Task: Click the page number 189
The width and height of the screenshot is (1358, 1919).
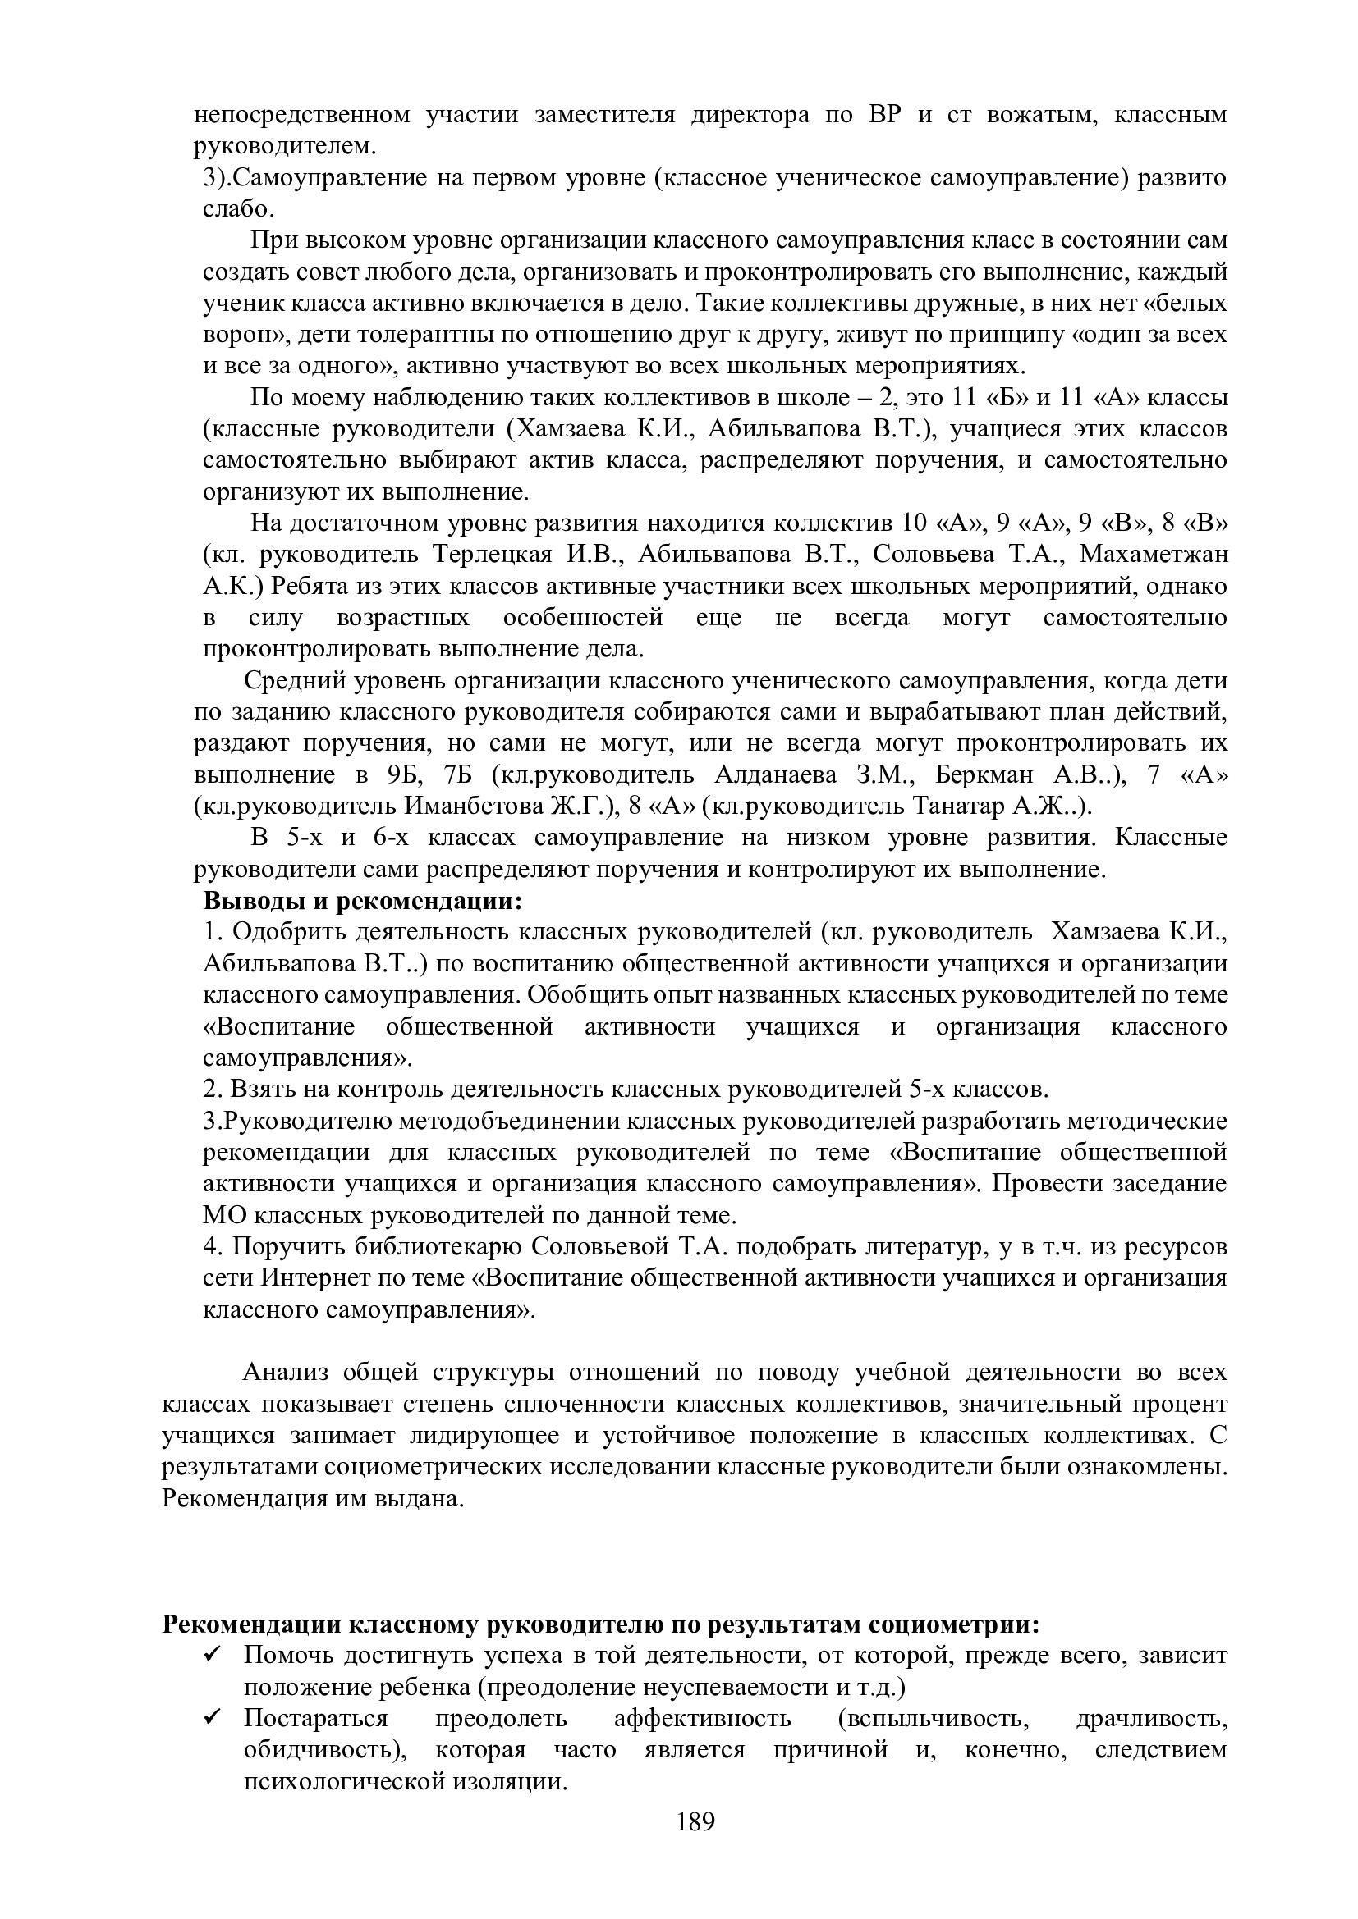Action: click(695, 1844)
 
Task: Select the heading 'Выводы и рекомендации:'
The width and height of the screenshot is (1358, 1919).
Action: click(363, 902)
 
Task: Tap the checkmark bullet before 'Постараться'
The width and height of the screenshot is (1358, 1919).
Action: click(212, 1717)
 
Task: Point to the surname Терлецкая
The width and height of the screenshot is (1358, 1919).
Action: click(493, 555)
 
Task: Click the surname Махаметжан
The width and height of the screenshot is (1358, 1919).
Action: click(1154, 555)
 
